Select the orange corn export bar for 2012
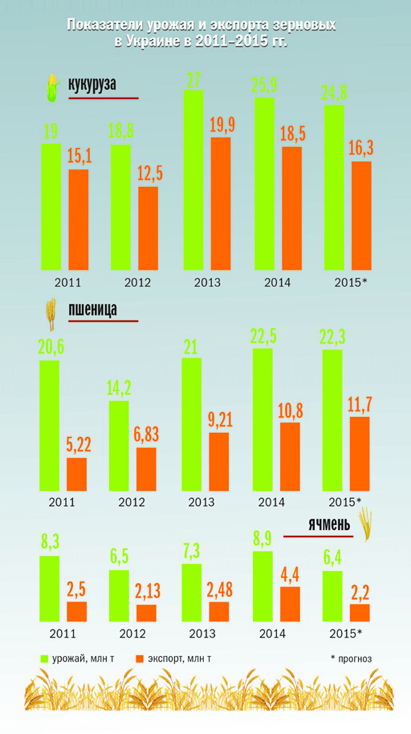148,228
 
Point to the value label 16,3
361,149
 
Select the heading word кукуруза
92,86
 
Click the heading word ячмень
328,525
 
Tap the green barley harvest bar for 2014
263,586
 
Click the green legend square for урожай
46,658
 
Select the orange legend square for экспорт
140,658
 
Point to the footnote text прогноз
354,658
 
